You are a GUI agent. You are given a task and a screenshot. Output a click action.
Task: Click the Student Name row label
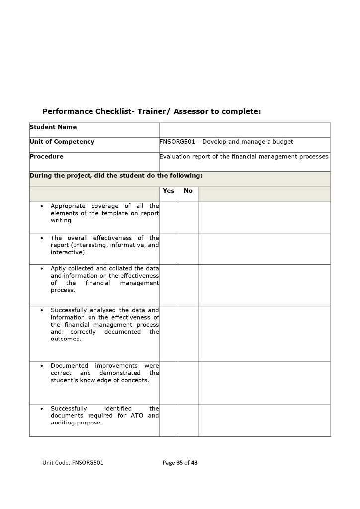click(53, 127)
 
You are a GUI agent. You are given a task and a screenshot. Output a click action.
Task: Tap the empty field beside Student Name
click(244, 130)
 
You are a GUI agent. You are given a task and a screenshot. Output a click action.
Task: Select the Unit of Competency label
click(62, 142)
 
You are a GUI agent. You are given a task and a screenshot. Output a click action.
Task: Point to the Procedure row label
click(47, 156)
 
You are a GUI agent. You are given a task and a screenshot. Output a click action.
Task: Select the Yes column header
click(169, 191)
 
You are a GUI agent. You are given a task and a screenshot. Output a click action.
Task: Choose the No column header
click(188, 191)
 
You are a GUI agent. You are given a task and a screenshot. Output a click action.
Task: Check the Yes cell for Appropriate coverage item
click(169, 217)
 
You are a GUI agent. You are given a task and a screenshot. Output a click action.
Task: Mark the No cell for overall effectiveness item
click(188, 249)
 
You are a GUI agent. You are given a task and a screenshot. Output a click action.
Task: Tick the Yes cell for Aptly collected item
click(169, 285)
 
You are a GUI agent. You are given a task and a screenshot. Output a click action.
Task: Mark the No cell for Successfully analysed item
click(188, 333)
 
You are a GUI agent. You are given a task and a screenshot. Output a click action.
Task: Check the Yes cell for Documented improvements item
click(169, 382)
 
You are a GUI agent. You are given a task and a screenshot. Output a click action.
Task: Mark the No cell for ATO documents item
click(188, 420)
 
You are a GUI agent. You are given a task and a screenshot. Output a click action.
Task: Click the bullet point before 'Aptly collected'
click(42, 269)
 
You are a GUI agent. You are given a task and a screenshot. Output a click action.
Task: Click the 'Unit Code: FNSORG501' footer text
click(73, 463)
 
